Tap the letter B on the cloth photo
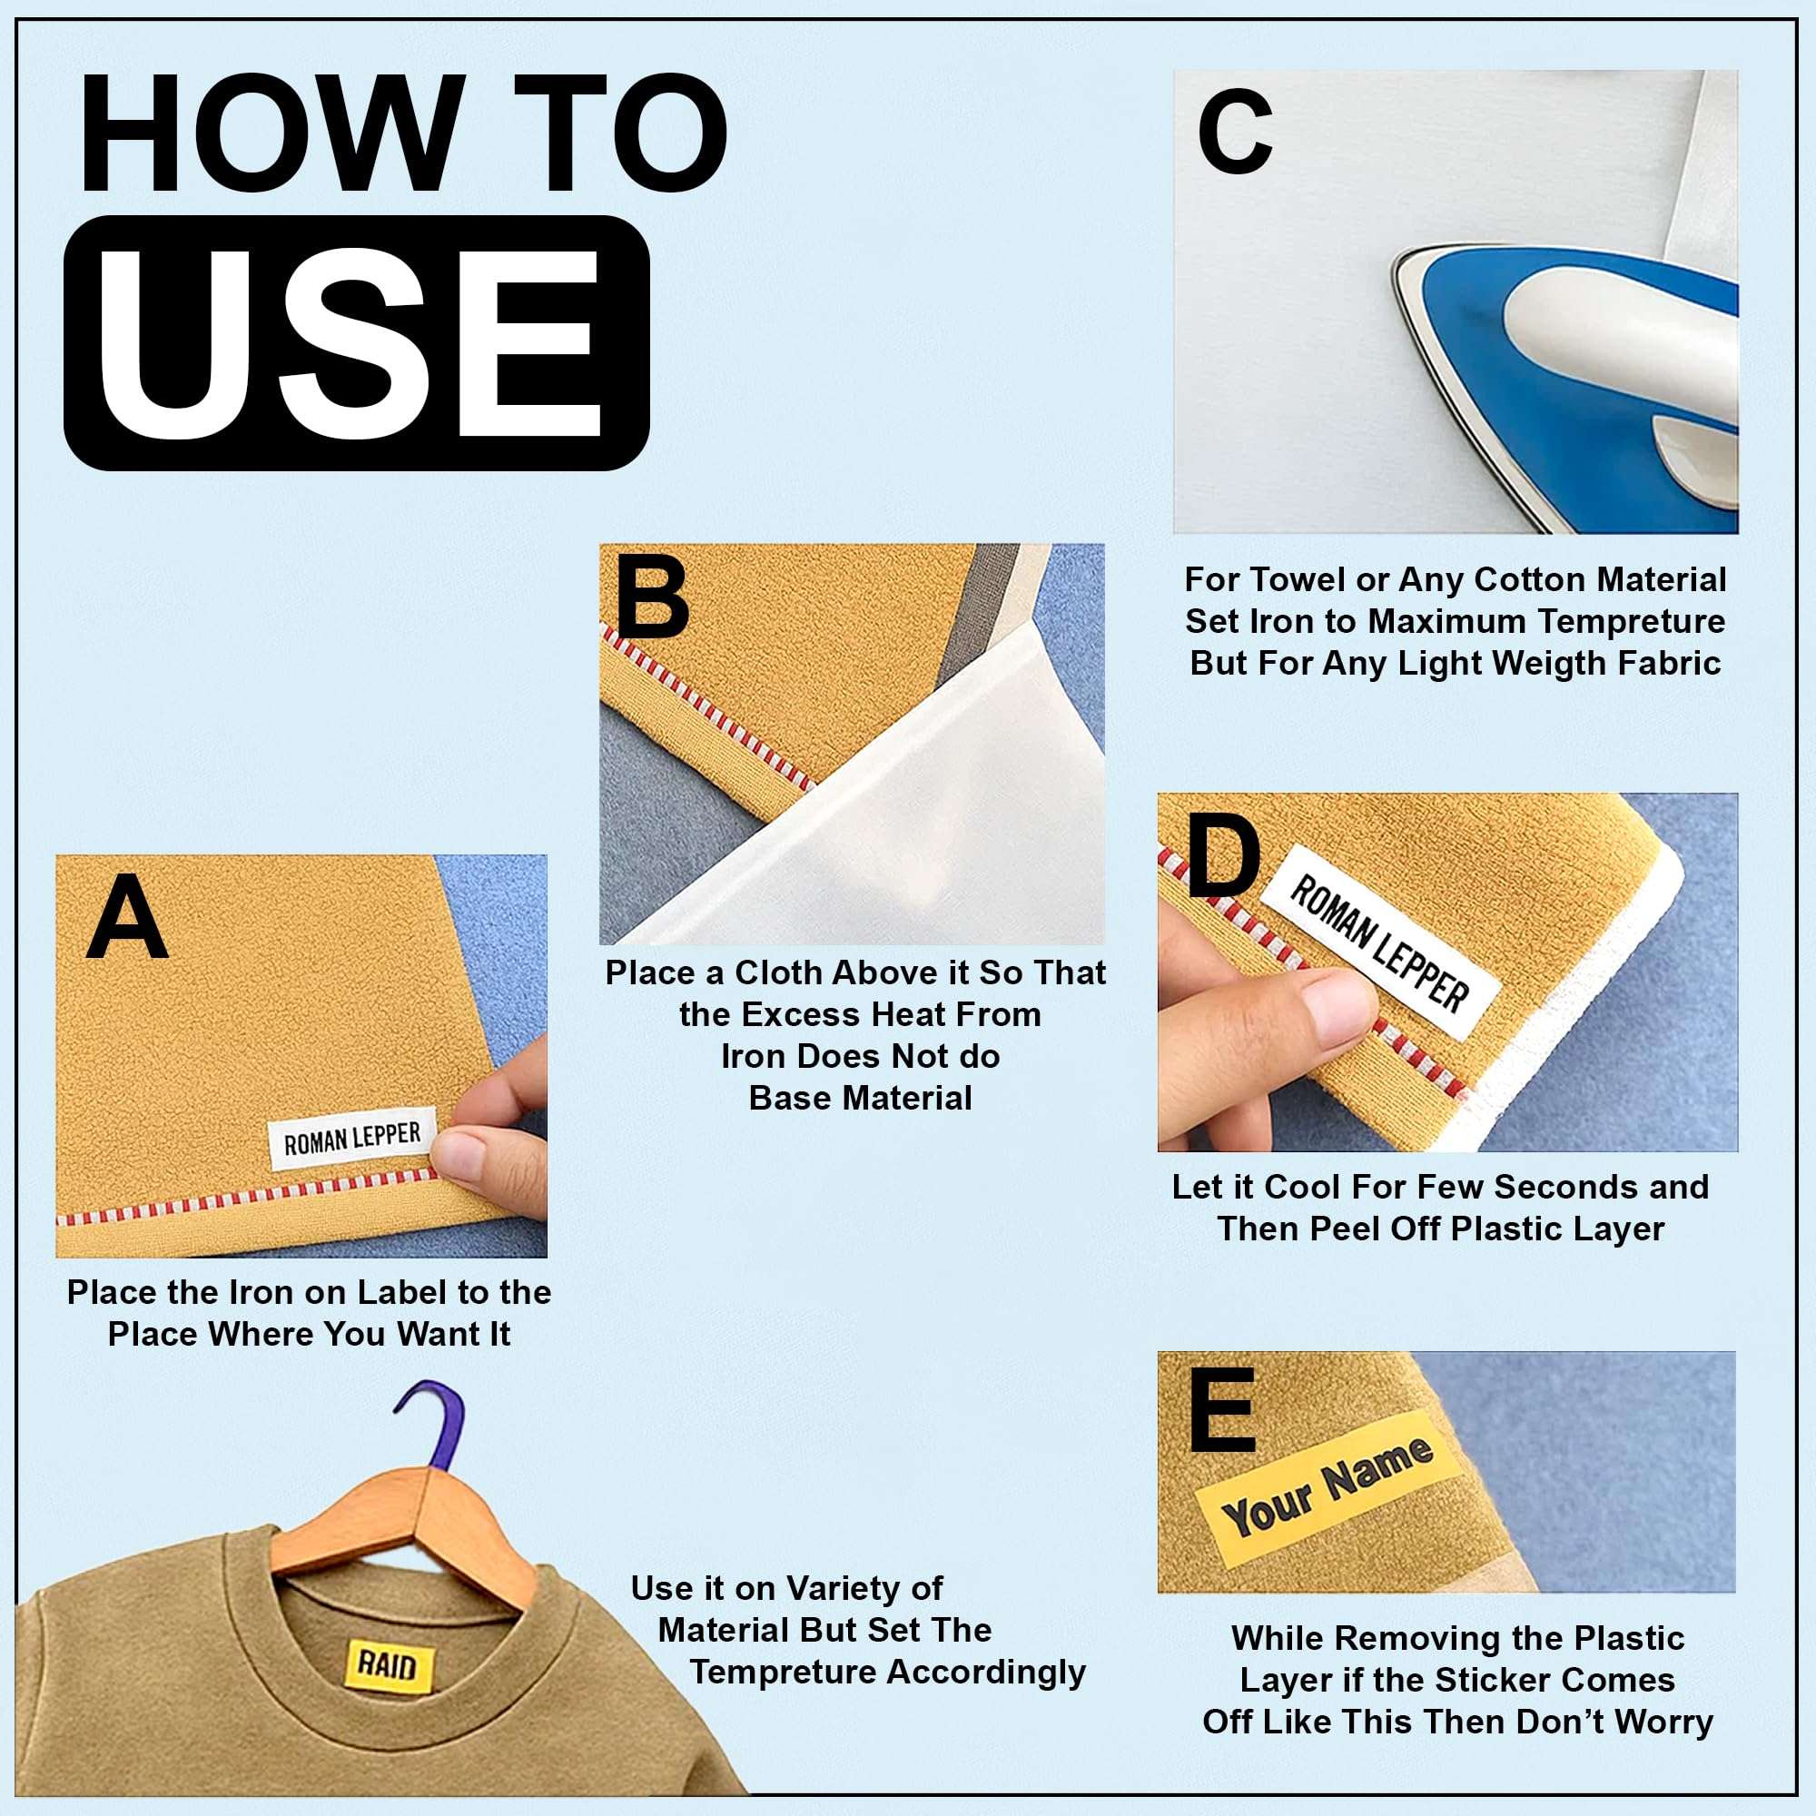coord(651,597)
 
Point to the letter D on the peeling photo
coord(1222,856)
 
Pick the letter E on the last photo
coord(1221,1411)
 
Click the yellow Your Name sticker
coord(1327,1487)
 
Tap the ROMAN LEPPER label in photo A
coord(351,1140)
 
